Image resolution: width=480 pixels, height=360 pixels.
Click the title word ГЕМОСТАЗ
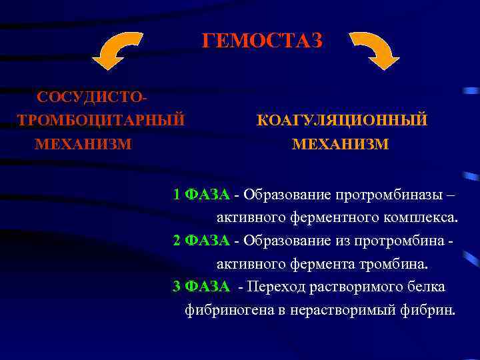point(262,41)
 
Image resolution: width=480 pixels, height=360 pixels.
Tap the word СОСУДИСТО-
point(93,97)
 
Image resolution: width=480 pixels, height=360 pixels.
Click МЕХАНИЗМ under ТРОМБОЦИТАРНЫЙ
point(83,143)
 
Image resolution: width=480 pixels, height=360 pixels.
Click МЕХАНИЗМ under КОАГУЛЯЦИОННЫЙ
point(340,144)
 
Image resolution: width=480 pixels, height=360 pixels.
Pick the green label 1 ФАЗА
point(201,195)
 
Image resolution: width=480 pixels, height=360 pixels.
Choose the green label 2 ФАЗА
point(201,240)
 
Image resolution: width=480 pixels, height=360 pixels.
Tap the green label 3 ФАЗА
point(201,286)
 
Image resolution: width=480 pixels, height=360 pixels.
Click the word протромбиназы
point(390,195)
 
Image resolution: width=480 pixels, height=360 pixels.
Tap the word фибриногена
point(224,309)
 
